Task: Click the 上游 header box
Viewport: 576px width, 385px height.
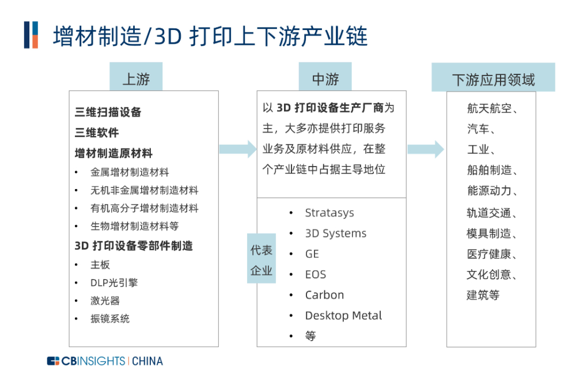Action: pos(136,77)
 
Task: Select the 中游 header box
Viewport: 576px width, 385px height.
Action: pos(325,77)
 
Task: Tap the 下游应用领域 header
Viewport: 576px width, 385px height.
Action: pos(493,77)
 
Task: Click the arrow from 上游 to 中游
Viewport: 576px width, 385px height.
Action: pos(238,149)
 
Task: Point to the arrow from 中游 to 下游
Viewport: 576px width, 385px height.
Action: pos(426,149)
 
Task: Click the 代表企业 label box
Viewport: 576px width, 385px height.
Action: pos(261,258)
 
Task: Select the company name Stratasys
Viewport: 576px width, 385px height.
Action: pos(329,213)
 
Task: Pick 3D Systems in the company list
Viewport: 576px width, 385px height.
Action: pos(336,233)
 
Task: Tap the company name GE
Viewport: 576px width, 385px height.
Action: pos(312,254)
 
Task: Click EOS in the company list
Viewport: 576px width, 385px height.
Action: pos(316,275)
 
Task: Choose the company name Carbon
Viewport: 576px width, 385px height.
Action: pos(324,295)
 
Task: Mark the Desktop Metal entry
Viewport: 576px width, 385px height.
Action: pos(343,315)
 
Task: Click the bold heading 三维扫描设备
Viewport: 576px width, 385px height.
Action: pos(108,112)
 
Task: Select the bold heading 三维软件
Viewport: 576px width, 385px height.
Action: pos(97,133)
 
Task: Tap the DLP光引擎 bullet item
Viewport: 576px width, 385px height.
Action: pos(114,283)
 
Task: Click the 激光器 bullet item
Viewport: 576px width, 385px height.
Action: pos(105,301)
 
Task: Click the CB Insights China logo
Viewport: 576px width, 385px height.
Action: pos(105,361)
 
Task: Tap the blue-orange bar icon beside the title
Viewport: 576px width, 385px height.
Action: pos(31,35)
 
